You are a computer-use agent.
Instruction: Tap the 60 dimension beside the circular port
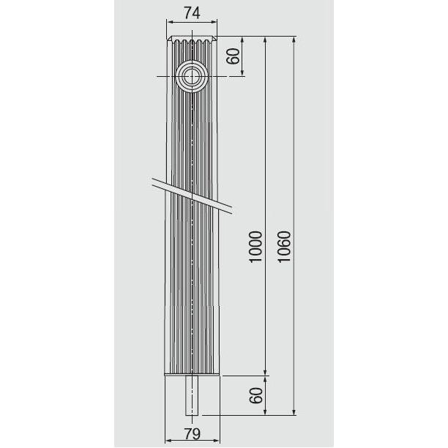233,56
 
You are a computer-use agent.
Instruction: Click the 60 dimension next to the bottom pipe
255,395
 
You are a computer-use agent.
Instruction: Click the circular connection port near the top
192,75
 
